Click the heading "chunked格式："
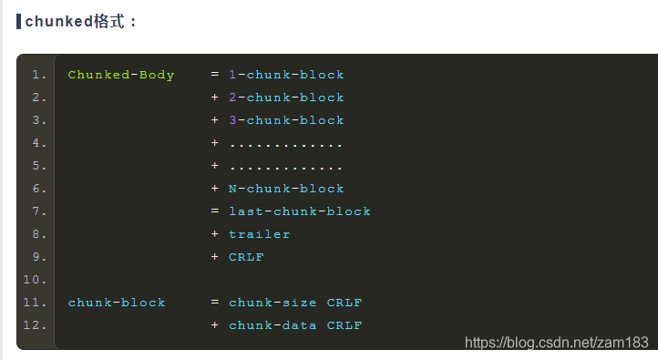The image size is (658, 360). point(82,21)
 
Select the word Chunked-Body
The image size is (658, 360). point(121,75)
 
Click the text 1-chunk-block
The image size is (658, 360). point(286,75)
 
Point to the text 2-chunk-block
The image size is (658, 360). point(286,98)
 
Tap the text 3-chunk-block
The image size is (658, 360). point(286,120)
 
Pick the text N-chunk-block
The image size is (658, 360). point(286,189)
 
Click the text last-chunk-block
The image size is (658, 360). point(300,211)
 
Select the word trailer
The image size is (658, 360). point(260,234)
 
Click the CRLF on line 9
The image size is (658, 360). point(246,257)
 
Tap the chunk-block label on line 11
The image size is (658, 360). point(117,303)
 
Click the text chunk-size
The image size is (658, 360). point(272,303)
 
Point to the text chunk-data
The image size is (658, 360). point(272,325)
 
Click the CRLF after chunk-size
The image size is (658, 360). point(344,303)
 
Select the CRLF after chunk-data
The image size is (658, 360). point(344,325)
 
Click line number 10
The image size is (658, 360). point(35,280)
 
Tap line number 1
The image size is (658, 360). point(37,75)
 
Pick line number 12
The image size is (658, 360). point(35,325)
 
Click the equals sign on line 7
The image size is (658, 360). point(215,211)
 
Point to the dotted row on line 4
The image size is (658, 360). point(286,144)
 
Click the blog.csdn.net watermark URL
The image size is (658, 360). point(556,343)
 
